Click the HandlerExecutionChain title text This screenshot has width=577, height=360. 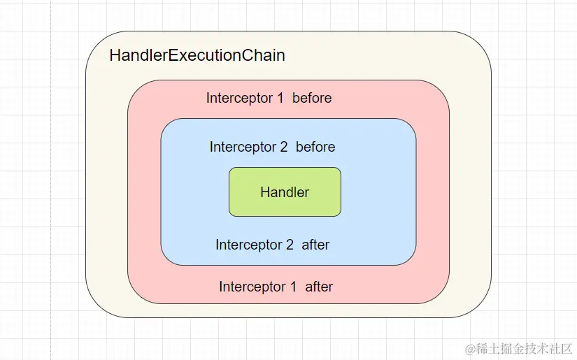click(197, 55)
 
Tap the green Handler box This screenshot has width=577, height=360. click(285, 192)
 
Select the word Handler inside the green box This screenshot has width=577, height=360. click(285, 192)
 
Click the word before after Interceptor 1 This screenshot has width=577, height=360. click(312, 98)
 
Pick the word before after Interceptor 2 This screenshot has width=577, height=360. click(315, 147)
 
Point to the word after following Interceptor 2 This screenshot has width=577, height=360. click(315, 245)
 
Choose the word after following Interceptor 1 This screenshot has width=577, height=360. click(319, 287)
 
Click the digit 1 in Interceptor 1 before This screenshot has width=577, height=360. click(280, 98)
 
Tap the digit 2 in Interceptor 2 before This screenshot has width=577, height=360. click(284, 147)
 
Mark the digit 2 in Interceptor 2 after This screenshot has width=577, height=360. click(290, 245)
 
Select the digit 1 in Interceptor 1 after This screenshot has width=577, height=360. click(293, 287)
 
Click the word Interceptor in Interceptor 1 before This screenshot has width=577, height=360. click(240, 99)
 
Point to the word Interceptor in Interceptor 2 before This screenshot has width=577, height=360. click(243, 147)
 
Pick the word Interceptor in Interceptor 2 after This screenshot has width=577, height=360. click(249, 245)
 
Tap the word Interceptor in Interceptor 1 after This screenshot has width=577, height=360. click(252, 287)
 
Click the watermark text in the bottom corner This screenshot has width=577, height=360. click(518, 348)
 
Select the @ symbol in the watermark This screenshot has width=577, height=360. click(470, 349)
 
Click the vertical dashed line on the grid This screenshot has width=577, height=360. click(51, 180)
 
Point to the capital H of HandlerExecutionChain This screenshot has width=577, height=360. click(115, 55)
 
